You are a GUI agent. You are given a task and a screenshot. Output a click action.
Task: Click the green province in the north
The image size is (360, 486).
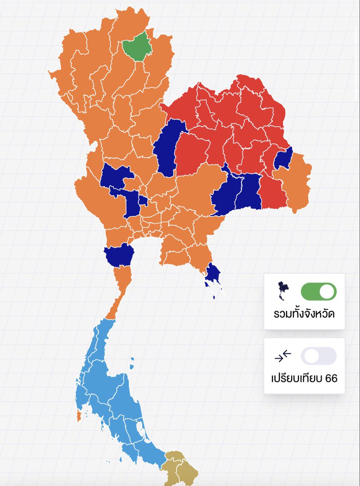click(x=137, y=47)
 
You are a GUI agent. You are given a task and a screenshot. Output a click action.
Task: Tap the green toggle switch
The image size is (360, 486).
click(x=318, y=292)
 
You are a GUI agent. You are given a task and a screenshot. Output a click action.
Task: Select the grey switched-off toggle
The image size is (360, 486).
click(x=318, y=356)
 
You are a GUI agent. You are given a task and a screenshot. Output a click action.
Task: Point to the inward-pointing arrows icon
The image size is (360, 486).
click(x=283, y=356)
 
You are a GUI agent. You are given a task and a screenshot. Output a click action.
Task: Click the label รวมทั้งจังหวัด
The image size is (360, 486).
click(x=304, y=314)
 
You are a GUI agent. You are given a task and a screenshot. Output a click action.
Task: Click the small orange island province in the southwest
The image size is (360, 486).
click(x=79, y=415)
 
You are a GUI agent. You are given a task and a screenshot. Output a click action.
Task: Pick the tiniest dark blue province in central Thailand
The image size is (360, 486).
click(x=143, y=200)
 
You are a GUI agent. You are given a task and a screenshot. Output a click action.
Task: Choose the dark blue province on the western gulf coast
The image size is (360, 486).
click(x=119, y=255)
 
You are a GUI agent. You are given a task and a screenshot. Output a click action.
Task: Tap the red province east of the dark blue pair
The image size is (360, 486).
click(x=272, y=192)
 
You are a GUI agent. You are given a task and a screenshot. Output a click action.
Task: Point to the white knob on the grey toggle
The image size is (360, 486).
click(x=311, y=356)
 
